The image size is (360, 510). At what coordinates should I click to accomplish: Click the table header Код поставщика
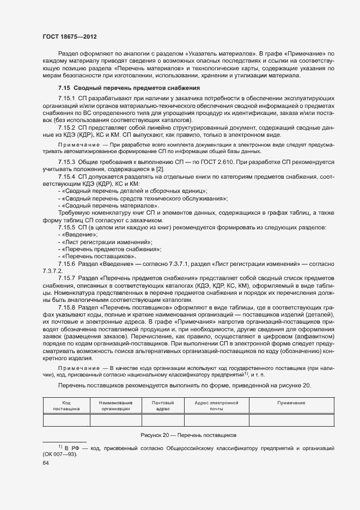(66, 405)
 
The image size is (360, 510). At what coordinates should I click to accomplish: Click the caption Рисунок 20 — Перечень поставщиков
(187, 435)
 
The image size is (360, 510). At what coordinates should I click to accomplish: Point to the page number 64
(46, 463)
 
